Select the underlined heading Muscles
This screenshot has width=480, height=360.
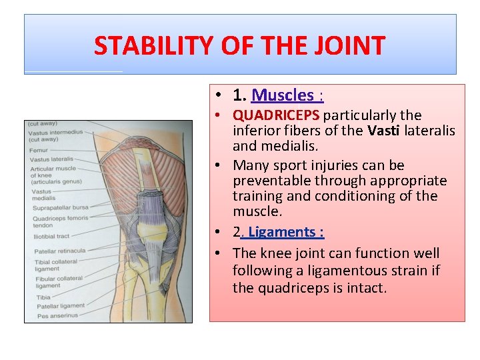[283, 96]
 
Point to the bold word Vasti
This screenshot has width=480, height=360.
[383, 131]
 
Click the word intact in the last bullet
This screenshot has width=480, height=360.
[363, 288]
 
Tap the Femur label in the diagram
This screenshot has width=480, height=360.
[38, 150]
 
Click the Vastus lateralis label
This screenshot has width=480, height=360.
[51, 159]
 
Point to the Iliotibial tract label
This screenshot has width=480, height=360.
[51, 235]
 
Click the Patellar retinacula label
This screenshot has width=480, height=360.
[60, 251]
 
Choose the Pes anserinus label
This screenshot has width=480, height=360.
[57, 315]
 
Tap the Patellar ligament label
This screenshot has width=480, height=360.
[61, 306]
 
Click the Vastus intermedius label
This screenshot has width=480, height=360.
[55, 132]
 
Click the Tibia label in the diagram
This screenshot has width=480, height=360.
[43, 297]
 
